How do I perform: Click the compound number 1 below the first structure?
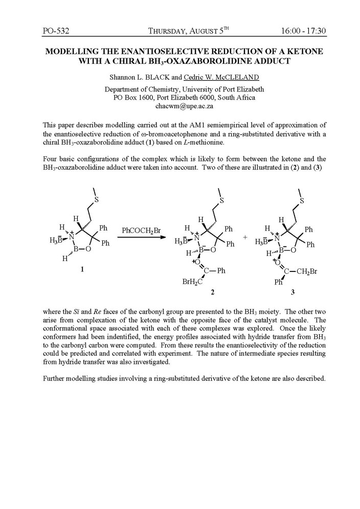point(82,270)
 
